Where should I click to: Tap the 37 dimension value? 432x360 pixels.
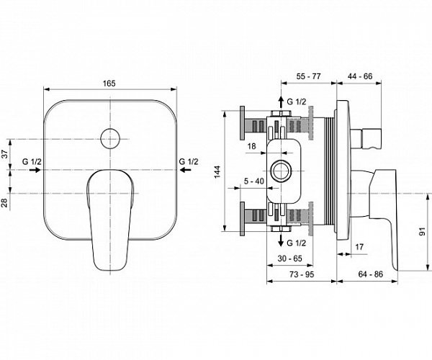click(x=4, y=153)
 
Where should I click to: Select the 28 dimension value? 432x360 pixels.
click(x=4, y=203)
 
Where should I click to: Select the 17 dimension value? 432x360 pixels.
click(x=358, y=248)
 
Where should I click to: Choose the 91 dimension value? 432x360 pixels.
click(x=423, y=232)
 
